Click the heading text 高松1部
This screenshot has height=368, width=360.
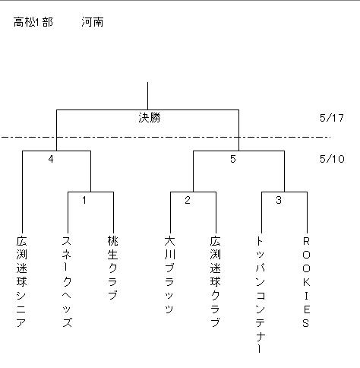tap(33, 22)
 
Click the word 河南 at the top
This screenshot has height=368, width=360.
tap(93, 22)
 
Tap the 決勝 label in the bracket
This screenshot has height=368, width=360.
tap(150, 118)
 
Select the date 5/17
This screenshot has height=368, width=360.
tap(332, 118)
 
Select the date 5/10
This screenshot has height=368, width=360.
tap(332, 159)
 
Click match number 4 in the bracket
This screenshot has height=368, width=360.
tap(51, 159)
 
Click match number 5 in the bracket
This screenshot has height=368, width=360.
tap(233, 159)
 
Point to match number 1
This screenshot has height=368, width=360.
tap(84, 200)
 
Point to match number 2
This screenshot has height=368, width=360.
tap(188, 200)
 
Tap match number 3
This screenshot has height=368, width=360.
tap(279, 200)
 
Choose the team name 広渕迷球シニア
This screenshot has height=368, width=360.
tap(21, 281)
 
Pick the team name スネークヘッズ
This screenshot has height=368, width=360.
tap(67, 281)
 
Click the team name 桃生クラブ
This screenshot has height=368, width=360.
tap(112, 268)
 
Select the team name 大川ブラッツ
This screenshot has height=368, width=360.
tap(169, 274)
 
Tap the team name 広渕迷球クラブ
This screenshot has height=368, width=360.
tap(215, 281)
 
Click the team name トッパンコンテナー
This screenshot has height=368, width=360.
tap(261, 295)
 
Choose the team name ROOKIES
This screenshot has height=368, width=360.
tap(306, 282)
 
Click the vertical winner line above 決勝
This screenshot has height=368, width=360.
tap(147, 96)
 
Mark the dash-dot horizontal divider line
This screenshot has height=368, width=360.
tap(166, 137)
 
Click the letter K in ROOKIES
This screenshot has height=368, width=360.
tap(306, 282)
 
